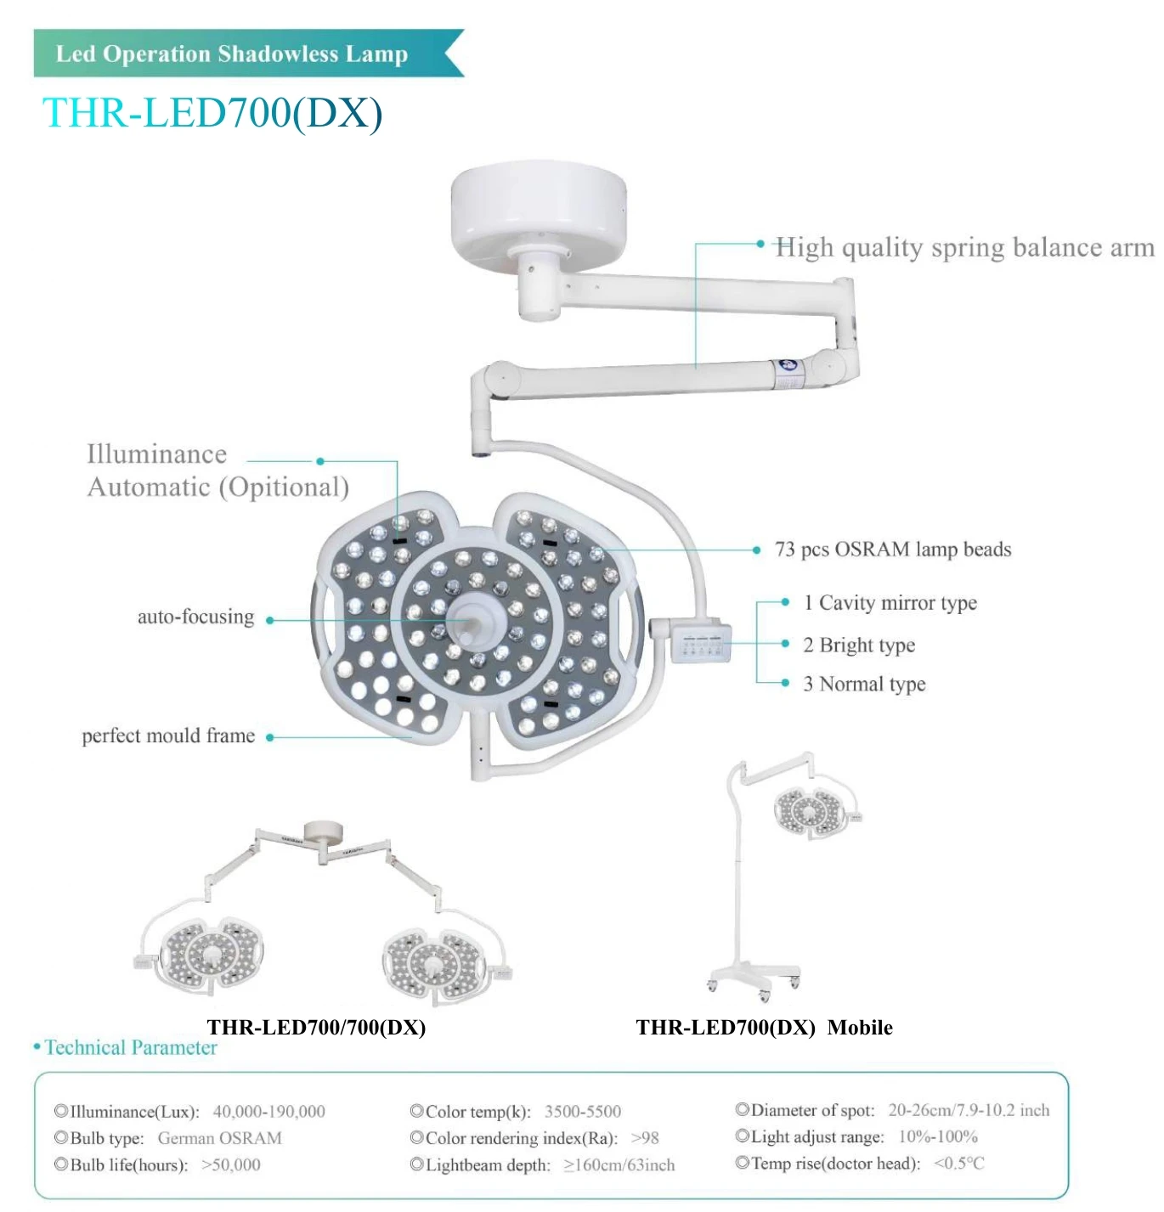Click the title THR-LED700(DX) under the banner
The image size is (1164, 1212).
[212, 113]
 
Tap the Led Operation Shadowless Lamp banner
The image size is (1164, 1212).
[232, 54]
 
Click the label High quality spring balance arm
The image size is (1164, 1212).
[964, 247]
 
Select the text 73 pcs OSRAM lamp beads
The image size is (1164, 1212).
[893, 550]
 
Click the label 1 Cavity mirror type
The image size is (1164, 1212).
[890, 603]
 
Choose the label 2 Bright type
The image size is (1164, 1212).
[859, 645]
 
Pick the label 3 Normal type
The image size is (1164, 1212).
[864, 684]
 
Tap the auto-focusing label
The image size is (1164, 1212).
[195, 617]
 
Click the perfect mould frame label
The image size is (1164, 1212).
[168, 736]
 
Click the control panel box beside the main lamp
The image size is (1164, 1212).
[701, 644]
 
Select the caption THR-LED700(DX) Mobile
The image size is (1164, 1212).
[764, 1028]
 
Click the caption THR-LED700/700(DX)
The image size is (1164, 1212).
[316, 1028]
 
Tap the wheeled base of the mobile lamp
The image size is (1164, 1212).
[754, 977]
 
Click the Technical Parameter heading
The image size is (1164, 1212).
[131, 1048]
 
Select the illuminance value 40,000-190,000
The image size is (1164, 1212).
[268, 1112]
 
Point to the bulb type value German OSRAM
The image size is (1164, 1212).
[219, 1138]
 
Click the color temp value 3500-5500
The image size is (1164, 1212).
[583, 1112]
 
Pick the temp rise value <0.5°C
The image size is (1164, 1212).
[958, 1164]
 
